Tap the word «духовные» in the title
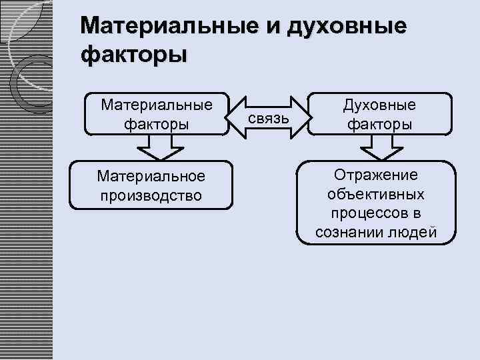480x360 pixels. (x=347, y=28)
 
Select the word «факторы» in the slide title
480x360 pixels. (x=134, y=53)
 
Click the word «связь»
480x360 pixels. (x=268, y=118)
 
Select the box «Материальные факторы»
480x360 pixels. (x=157, y=113)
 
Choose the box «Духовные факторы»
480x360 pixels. (x=379, y=114)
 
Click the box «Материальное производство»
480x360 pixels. (x=151, y=185)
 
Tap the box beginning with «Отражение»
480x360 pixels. (x=377, y=203)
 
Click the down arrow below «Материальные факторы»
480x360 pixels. (x=157, y=147)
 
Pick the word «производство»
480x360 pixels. (x=151, y=195)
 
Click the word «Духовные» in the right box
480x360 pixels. (x=379, y=105)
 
